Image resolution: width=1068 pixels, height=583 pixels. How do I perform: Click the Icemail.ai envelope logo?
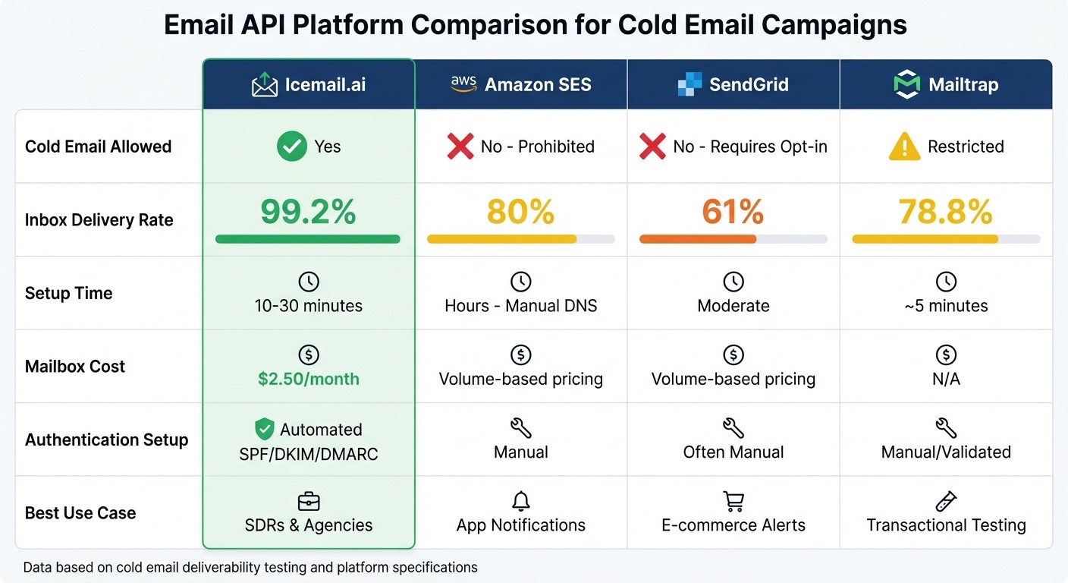264,84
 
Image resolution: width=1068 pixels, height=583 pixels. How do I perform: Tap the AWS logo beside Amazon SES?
463,84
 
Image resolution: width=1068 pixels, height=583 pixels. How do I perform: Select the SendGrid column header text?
749,84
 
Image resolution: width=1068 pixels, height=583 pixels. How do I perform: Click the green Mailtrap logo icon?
906,84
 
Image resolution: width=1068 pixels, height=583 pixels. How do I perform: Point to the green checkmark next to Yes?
291,147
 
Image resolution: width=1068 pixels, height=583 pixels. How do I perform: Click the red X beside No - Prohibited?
460,147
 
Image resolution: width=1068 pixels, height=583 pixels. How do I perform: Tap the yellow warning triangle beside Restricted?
904,147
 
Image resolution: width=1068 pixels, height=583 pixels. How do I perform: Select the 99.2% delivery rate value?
308,212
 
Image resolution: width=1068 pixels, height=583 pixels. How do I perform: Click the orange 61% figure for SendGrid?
733,212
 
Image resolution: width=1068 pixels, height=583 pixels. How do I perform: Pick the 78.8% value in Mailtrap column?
945,212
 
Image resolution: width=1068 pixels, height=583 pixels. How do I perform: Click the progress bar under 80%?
520,239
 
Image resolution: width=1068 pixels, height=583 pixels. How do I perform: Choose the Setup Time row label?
69,293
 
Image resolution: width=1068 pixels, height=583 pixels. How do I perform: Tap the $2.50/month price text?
308,379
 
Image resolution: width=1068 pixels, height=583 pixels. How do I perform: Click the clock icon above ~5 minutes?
946,282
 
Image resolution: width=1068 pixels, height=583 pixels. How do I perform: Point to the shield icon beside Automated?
264,430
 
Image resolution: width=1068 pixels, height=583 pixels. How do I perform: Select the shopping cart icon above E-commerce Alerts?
733,501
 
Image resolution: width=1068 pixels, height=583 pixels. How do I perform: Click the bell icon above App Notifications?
520,501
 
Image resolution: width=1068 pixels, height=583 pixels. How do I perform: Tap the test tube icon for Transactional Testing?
946,501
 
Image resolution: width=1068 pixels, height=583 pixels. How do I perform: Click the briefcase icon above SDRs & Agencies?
308,501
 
